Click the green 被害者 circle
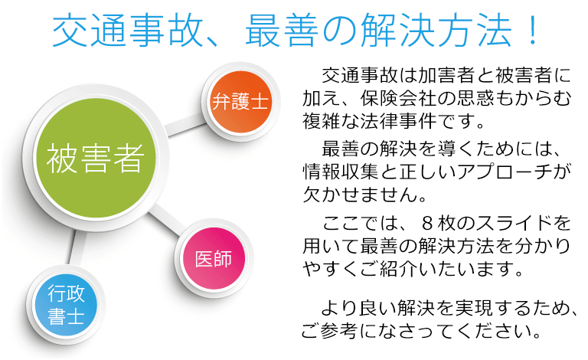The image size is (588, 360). (x=95, y=158)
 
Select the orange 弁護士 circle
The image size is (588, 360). (x=240, y=102)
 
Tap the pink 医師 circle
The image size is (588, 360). (x=214, y=258)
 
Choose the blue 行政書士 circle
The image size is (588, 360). (x=66, y=305)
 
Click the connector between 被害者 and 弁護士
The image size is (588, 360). (x=185, y=125)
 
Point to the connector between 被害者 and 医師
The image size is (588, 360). (x=167, y=220)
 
